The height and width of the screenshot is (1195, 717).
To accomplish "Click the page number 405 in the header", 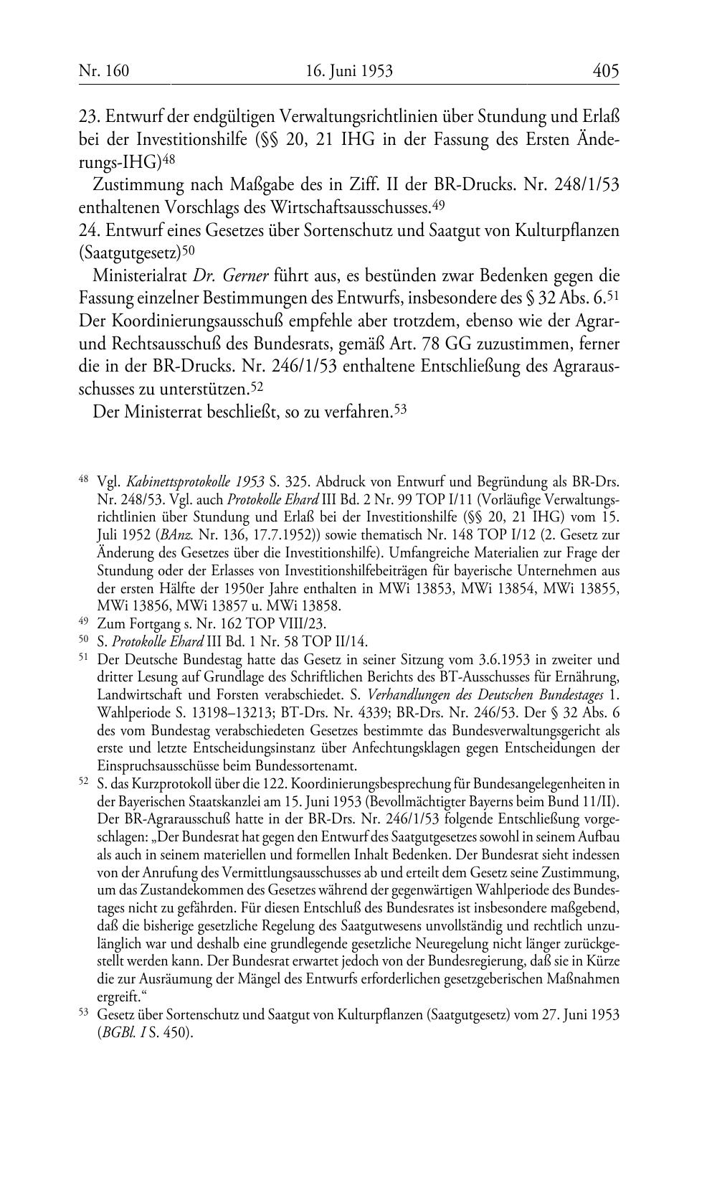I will [605, 71].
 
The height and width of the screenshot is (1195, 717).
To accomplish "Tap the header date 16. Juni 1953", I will [349, 71].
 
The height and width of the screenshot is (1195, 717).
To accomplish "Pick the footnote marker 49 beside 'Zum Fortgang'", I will [82, 623].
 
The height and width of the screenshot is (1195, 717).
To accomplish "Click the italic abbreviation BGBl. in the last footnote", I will [116, 1034].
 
